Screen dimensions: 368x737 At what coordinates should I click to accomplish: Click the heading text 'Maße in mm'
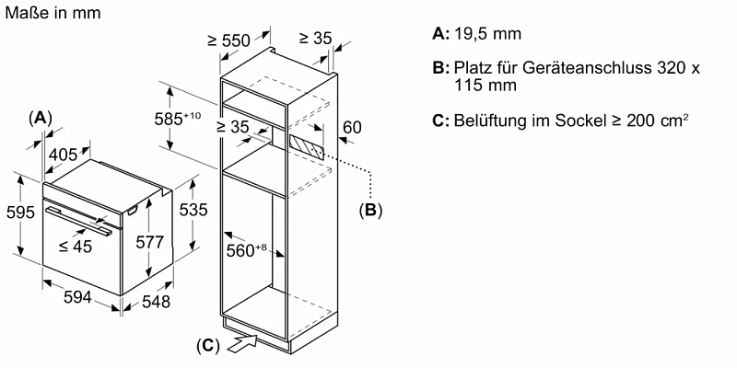coord(53,13)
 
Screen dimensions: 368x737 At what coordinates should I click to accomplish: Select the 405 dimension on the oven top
coord(63,155)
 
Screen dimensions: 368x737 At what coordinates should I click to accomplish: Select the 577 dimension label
coord(149,243)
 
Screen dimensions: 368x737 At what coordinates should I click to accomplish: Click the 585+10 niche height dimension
coord(181,119)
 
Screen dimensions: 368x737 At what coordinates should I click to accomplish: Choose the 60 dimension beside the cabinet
coord(352,127)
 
